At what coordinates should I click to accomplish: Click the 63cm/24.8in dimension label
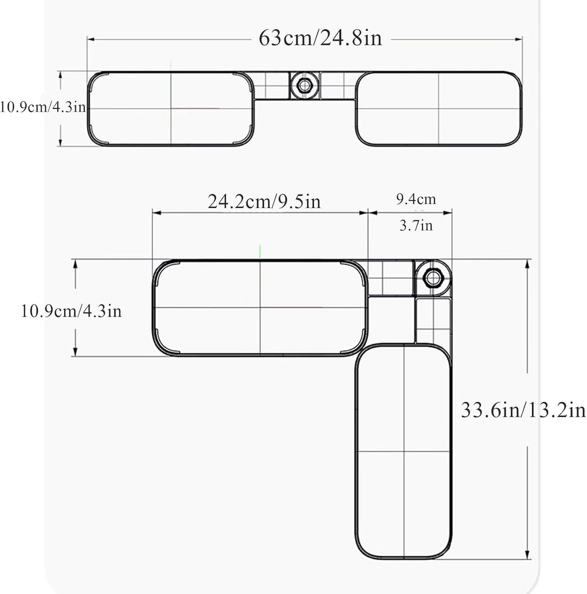(320, 38)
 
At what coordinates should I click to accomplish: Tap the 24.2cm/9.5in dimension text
(264, 201)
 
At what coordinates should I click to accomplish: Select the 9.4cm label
(416, 199)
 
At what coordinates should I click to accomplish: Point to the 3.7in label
(416, 225)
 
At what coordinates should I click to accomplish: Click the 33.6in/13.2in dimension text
(523, 410)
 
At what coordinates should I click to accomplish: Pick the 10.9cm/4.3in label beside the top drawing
(43, 107)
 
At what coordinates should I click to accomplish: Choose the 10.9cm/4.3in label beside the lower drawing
(71, 311)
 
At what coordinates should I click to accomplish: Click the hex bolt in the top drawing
(304, 85)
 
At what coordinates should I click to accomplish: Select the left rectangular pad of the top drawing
(171, 109)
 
